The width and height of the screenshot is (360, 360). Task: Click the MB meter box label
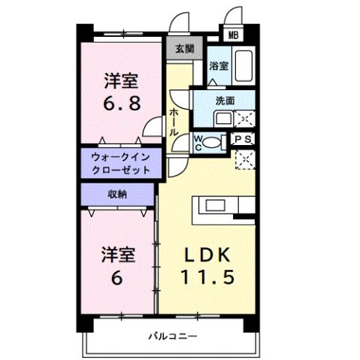tap(233, 35)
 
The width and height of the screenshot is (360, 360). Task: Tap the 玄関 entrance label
tap(184, 49)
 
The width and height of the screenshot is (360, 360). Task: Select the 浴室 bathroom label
tap(219, 65)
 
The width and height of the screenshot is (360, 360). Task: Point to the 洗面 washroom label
tap(225, 100)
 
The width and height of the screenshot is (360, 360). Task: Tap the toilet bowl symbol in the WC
tap(213, 141)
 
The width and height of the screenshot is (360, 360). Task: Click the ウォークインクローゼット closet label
tap(120, 164)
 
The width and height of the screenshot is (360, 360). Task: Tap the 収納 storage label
tap(116, 194)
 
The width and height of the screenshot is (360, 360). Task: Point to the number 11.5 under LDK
tap(207, 277)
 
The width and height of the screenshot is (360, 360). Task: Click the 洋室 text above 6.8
tap(120, 79)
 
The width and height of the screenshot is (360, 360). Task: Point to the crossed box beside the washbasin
tap(244, 118)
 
